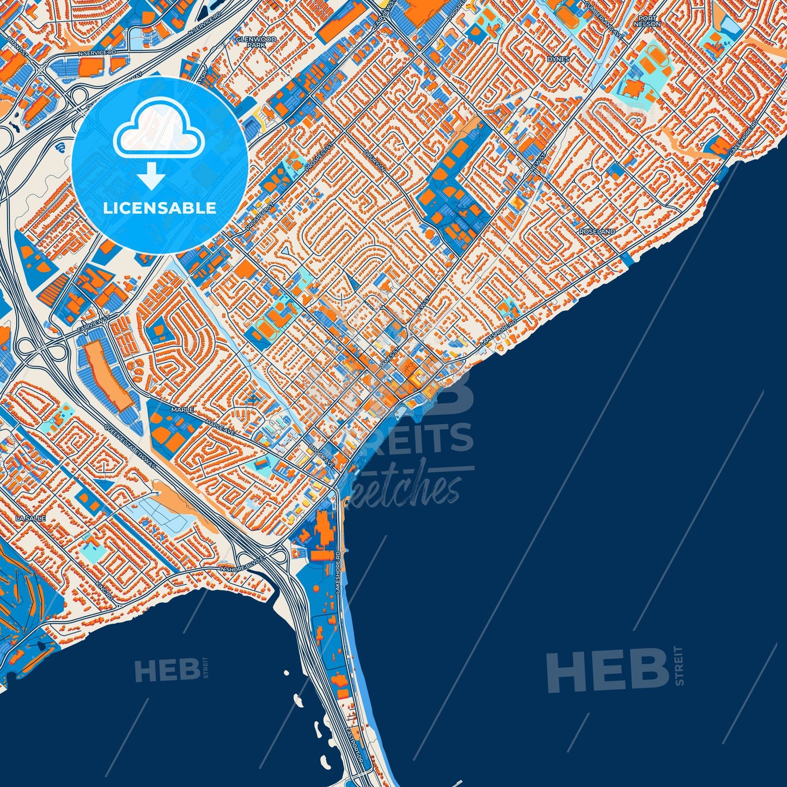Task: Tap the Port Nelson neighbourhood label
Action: (648, 21)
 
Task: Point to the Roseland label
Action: (597, 231)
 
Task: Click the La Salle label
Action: (30, 518)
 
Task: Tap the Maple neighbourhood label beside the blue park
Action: (182, 409)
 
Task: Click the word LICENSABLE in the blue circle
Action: (160, 208)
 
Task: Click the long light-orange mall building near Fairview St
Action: (107, 375)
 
